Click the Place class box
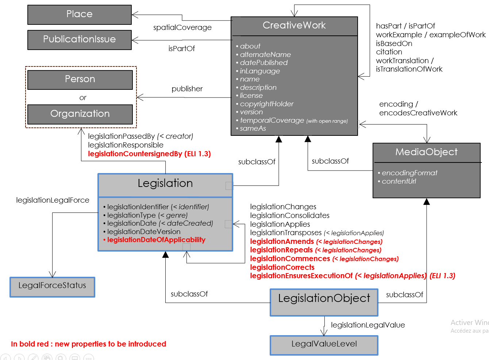tap(80, 15)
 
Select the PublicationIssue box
tap(80, 40)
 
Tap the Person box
tap(80, 80)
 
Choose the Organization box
tap(80, 114)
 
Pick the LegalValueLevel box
tap(324, 345)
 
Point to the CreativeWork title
tap(294, 26)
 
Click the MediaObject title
tap(426, 152)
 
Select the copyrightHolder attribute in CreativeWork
tap(266, 104)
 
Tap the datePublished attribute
tap(263, 63)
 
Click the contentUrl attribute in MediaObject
tap(398, 181)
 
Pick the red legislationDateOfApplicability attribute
tap(156, 240)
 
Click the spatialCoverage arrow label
tap(182, 28)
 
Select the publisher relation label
tap(187, 89)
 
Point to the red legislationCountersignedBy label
tap(149, 154)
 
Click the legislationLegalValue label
tap(368, 325)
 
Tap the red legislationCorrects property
tap(282, 268)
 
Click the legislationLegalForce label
tap(53, 200)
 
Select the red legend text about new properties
tap(88, 344)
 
